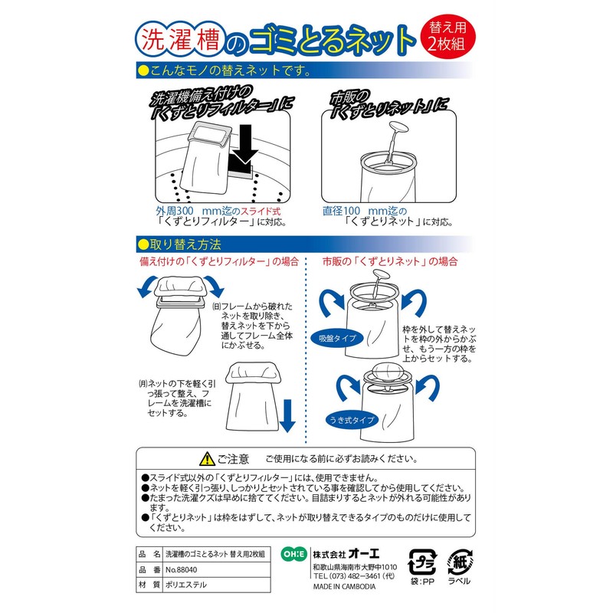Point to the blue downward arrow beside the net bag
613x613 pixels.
[287, 414]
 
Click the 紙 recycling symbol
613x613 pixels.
[463, 562]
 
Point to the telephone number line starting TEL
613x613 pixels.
[353, 576]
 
